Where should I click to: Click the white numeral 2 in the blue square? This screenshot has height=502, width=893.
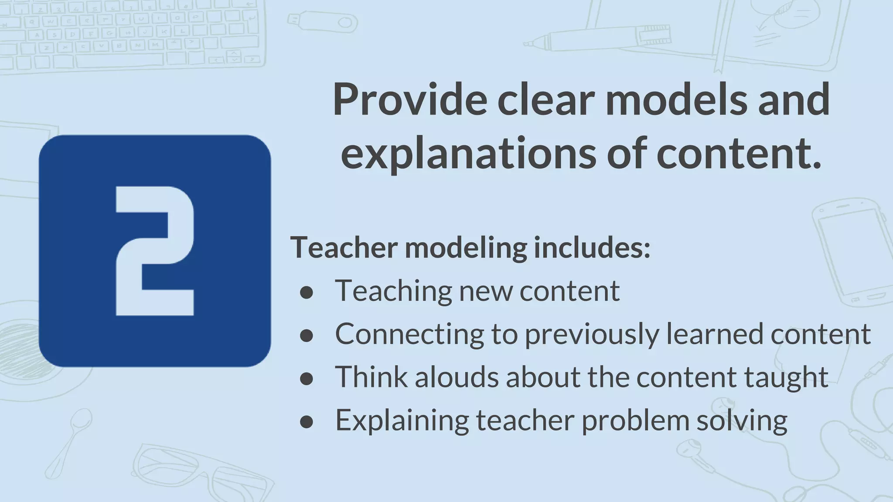tap(154, 251)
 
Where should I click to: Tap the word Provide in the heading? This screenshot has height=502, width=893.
tap(409, 99)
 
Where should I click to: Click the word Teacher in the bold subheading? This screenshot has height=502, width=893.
tap(344, 248)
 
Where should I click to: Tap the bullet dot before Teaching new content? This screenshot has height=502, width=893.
tap(307, 292)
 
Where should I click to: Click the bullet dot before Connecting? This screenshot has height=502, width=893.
tap(307, 336)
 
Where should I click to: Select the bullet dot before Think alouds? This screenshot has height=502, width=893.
tap(307, 379)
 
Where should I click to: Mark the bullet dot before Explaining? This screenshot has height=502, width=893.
tap(307, 422)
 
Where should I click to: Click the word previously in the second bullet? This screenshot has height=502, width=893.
tap(591, 335)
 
